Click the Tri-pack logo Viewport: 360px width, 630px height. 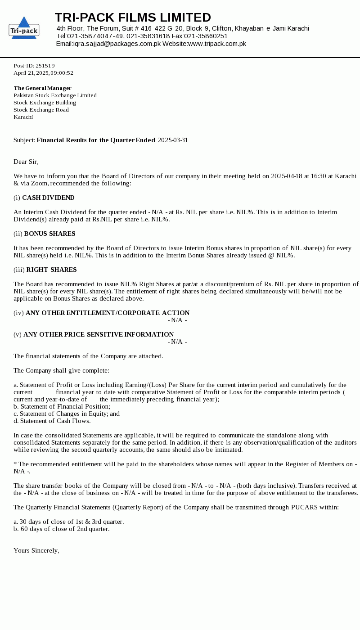point(24,28)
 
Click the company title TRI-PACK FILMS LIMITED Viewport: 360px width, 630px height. point(133,18)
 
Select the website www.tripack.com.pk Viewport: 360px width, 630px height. point(217,44)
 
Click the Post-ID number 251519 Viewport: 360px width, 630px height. point(45,66)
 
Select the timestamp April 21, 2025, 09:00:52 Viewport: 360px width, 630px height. point(43,73)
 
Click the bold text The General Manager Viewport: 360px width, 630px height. point(42,88)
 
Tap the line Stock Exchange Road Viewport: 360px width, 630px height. point(41,110)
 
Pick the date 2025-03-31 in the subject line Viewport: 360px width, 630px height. point(173,140)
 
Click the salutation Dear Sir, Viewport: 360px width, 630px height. point(26,162)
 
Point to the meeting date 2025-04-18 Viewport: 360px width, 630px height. point(287,176)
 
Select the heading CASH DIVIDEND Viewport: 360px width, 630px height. point(48,198)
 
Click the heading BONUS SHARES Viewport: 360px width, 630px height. point(49,234)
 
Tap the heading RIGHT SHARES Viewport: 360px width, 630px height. point(51,270)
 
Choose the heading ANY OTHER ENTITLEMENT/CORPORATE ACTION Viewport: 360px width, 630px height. point(108,313)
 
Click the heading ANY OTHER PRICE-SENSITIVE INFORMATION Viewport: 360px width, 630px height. point(99,334)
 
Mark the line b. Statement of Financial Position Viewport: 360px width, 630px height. point(62,406)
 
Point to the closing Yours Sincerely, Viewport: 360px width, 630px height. point(36,550)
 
